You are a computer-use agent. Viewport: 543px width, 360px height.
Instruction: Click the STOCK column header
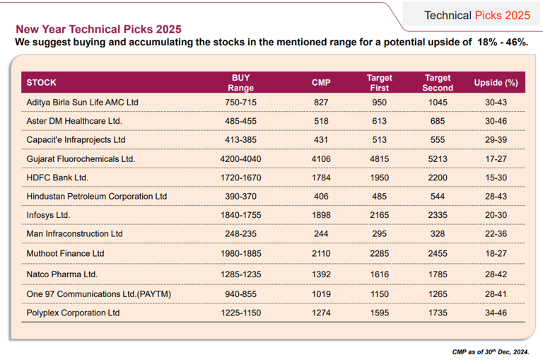(42, 83)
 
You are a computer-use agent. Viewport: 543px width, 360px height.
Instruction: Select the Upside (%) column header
(496, 83)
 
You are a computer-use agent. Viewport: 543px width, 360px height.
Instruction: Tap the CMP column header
(321, 83)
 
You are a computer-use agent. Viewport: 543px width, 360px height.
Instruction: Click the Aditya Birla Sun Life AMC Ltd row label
(82, 103)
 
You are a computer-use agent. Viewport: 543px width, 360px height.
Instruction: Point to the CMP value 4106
(321, 159)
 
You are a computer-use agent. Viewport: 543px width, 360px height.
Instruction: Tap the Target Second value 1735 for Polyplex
(438, 313)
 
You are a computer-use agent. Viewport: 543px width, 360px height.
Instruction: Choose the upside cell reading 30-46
(496, 122)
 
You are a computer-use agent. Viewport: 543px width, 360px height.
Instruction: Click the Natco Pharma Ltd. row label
(62, 274)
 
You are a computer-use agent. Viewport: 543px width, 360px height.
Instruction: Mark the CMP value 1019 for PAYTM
(321, 294)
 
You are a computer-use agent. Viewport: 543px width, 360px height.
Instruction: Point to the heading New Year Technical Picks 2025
(98, 30)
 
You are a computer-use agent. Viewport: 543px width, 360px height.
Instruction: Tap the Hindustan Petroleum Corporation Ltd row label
(97, 196)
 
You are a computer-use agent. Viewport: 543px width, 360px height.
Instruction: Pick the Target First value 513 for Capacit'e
(380, 140)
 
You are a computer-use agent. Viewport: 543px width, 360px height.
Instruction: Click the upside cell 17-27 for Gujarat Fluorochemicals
(496, 159)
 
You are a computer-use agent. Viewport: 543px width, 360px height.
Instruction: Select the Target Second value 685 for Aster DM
(438, 122)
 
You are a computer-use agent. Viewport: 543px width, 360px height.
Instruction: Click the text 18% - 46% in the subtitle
(503, 42)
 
